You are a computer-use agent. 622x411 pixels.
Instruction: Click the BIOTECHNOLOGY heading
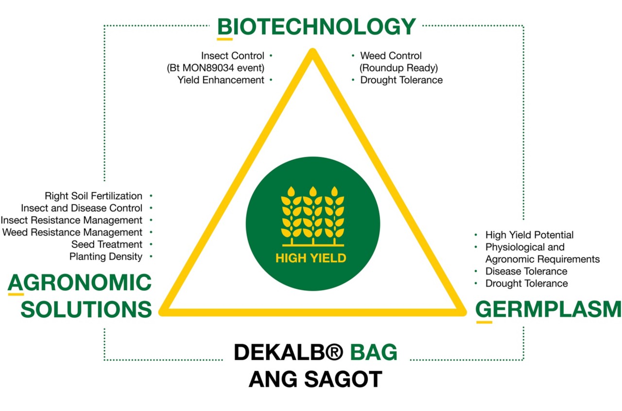click(x=316, y=27)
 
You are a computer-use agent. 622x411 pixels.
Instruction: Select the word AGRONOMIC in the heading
click(x=80, y=282)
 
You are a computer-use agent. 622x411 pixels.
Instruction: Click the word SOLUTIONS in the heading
click(x=86, y=309)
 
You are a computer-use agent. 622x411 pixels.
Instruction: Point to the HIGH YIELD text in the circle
click(x=311, y=258)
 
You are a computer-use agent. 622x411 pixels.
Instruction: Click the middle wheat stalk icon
click(x=313, y=215)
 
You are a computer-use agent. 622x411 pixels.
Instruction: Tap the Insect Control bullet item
click(x=233, y=56)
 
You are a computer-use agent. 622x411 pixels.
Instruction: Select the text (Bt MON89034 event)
click(x=215, y=68)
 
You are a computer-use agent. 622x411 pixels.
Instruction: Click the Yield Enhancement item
click(x=221, y=80)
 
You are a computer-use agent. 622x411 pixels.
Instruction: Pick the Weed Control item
click(x=391, y=56)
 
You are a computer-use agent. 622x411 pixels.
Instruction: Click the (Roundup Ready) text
click(x=399, y=68)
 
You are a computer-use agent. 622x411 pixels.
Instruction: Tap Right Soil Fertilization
click(x=94, y=196)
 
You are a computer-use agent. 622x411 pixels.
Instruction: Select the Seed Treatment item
click(x=107, y=244)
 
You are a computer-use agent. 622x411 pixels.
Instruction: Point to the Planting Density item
click(x=106, y=257)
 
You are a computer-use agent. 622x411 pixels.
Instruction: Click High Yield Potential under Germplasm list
click(x=530, y=235)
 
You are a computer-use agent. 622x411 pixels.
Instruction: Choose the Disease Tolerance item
click(x=526, y=271)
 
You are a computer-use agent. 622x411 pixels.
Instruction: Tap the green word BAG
click(x=374, y=352)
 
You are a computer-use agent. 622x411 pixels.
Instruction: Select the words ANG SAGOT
click(x=315, y=379)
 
